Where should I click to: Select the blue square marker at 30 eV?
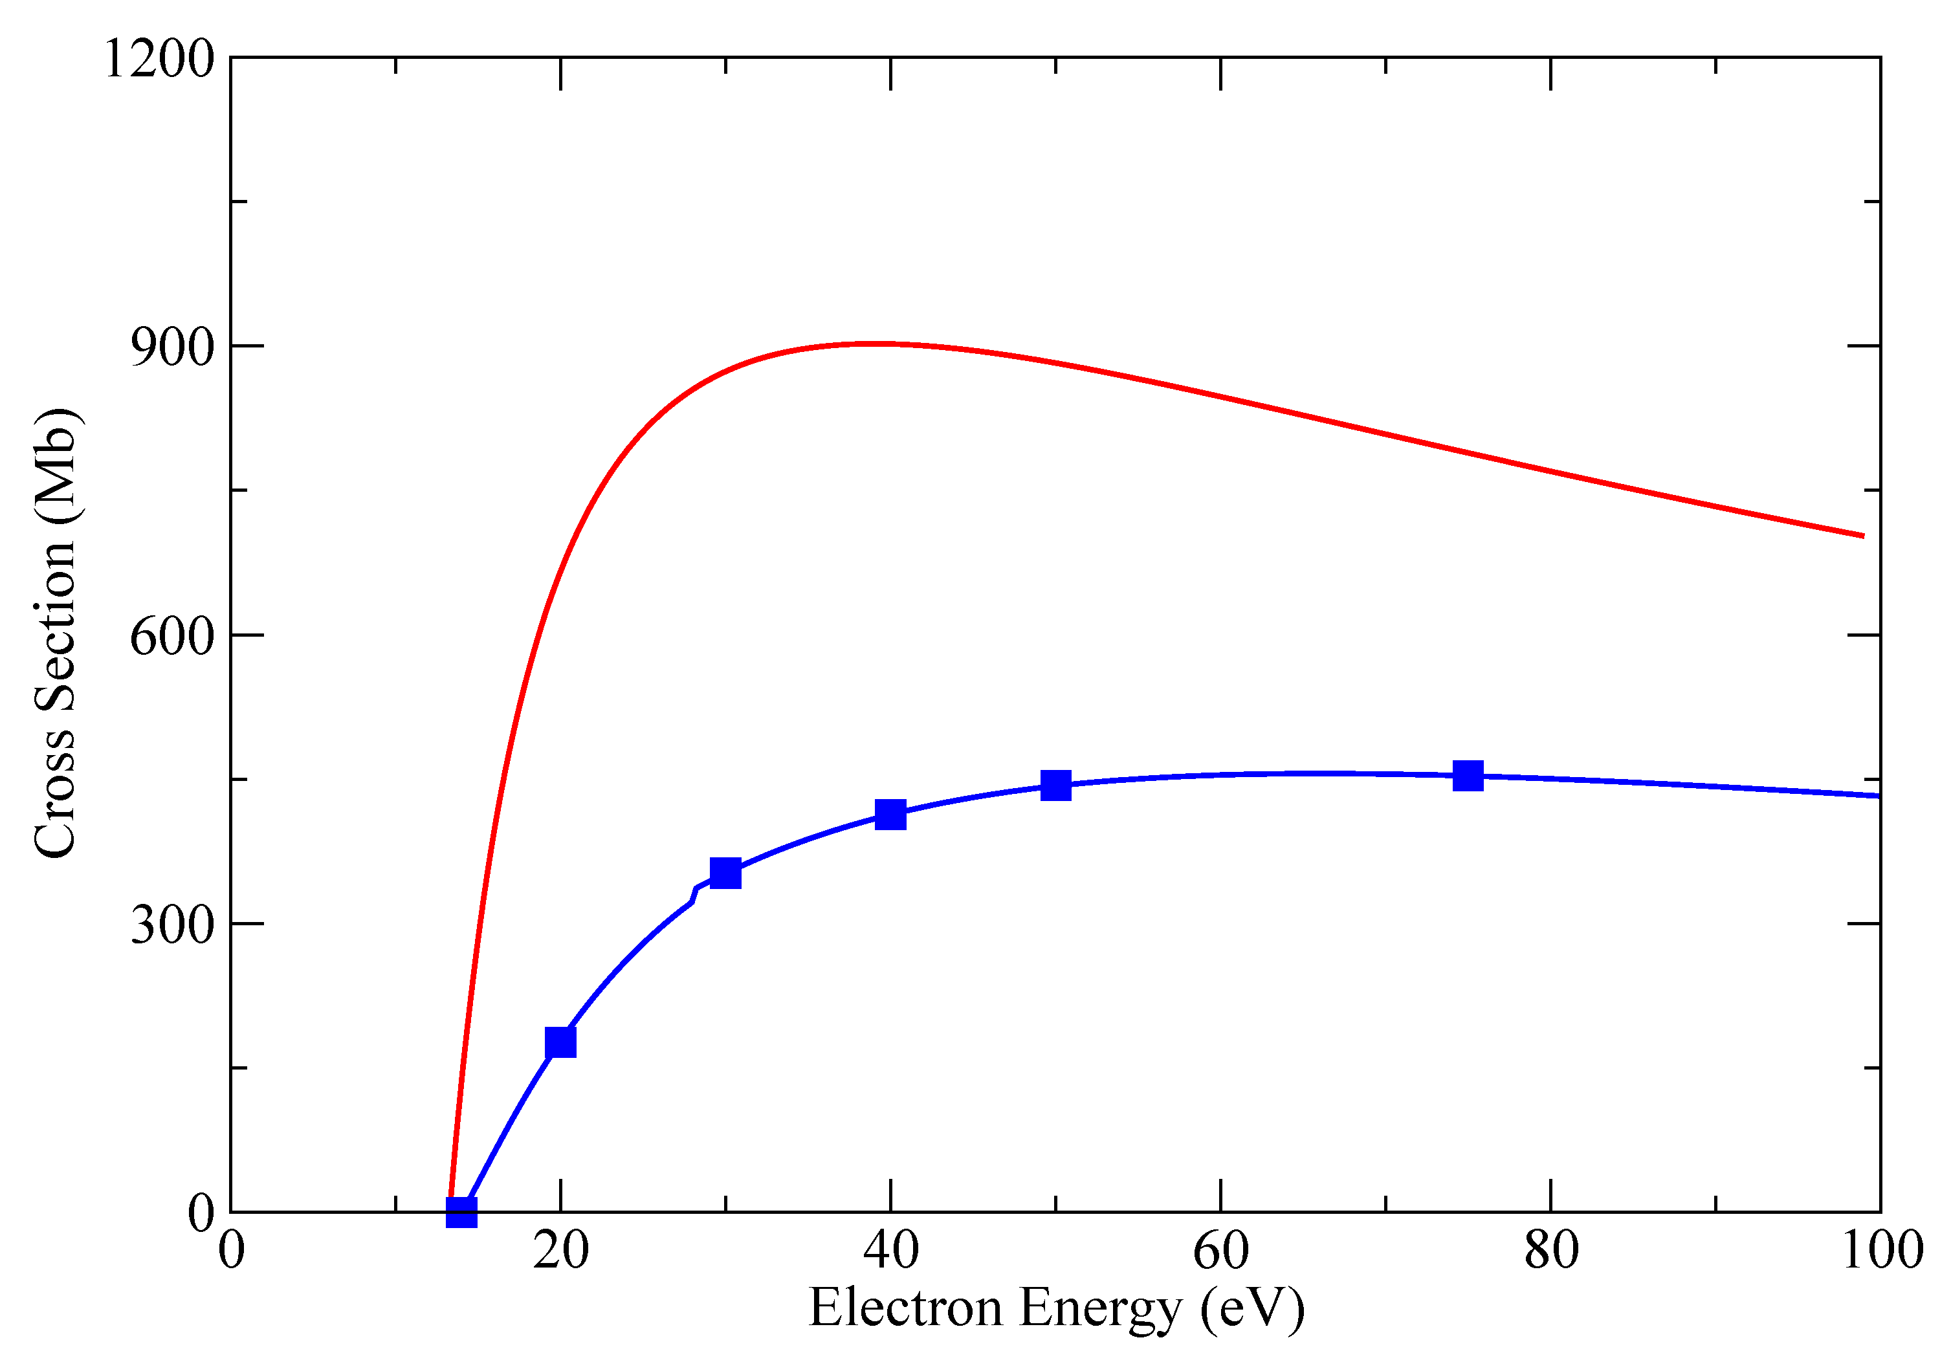point(725,873)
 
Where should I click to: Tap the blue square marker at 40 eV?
point(890,815)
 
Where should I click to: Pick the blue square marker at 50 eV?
point(1055,785)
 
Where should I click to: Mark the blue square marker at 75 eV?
point(1468,774)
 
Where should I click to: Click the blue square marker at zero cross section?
point(461,1212)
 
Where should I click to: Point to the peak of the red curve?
point(880,344)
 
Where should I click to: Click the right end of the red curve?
point(1863,536)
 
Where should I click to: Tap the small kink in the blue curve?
point(694,895)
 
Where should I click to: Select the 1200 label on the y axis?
point(159,60)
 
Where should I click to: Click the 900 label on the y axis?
point(172,347)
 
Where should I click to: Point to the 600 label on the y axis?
point(172,636)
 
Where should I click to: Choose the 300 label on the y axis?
point(172,925)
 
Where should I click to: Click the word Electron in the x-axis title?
point(906,1308)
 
